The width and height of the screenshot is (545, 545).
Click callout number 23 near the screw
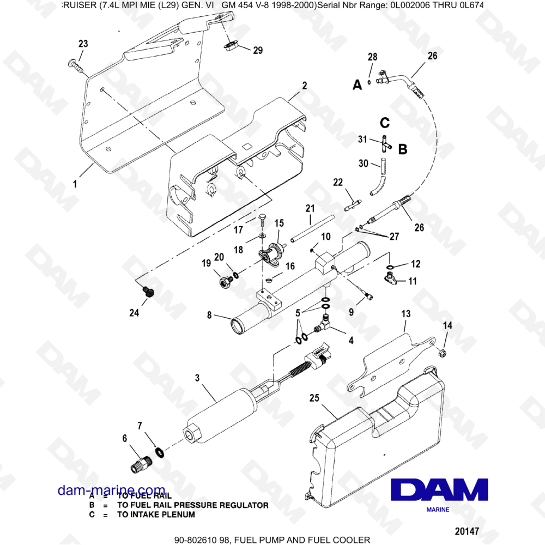click(83, 44)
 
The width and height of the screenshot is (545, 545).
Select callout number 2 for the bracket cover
click(304, 86)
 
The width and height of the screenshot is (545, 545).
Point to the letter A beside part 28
click(357, 84)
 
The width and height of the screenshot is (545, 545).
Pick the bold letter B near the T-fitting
click(402, 149)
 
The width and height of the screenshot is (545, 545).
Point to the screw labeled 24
click(148, 292)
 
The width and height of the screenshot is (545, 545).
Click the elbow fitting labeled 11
click(391, 279)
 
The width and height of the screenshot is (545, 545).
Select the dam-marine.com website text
click(111, 490)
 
